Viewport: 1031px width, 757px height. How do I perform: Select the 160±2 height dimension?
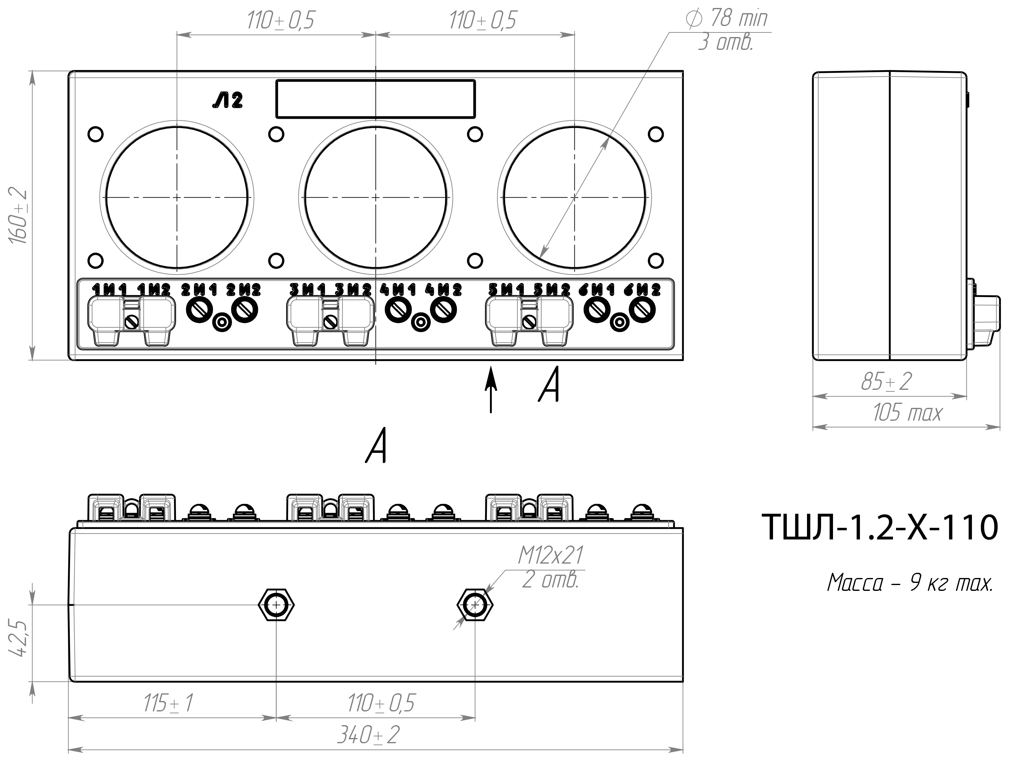19,216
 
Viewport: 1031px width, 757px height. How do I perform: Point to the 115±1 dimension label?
168,703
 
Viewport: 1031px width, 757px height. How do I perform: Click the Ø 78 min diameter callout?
727,19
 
